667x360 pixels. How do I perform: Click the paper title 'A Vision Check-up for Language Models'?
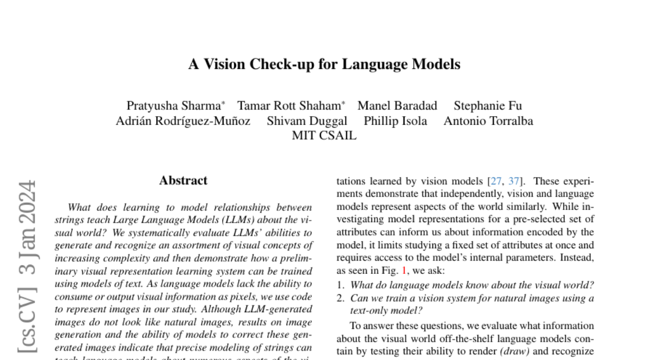click(x=324, y=64)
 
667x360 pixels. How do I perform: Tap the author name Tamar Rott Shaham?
click(x=288, y=106)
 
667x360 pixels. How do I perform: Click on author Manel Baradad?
click(x=397, y=106)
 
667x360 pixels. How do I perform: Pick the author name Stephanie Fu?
click(x=487, y=106)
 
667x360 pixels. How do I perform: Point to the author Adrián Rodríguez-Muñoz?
click(x=183, y=121)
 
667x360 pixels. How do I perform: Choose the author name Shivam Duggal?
click(x=307, y=121)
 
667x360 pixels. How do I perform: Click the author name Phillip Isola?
click(x=395, y=121)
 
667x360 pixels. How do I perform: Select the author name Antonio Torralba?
click(x=488, y=121)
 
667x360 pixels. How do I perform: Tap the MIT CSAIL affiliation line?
click(x=324, y=136)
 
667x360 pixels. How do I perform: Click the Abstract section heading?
click(x=183, y=181)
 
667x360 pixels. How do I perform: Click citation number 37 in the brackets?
click(x=514, y=181)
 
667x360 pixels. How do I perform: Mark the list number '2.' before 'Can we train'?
click(x=341, y=298)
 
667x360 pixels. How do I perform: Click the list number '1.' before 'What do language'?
click(x=341, y=285)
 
